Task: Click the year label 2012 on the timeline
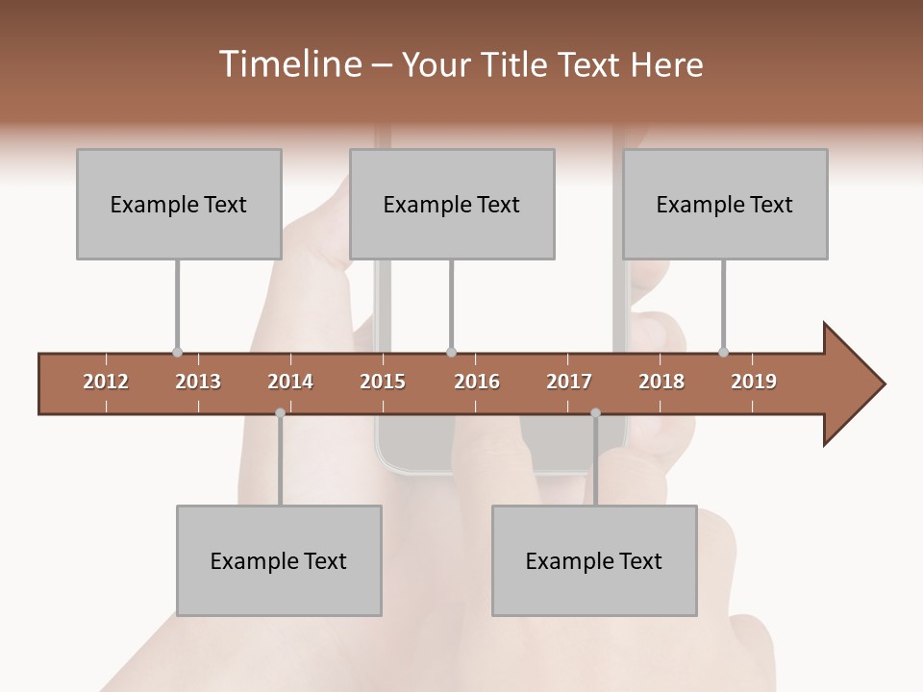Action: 106,382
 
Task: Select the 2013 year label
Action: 198,382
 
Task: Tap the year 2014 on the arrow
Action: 290,382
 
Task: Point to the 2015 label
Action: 383,382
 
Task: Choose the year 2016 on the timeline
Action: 477,382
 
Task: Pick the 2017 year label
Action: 569,382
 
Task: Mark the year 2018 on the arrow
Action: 661,382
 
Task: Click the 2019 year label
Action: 754,382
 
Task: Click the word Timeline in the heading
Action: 288,64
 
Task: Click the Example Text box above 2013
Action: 179,204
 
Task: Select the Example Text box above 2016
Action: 452,204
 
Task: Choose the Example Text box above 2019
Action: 725,204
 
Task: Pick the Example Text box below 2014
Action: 279,560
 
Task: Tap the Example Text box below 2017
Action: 594,560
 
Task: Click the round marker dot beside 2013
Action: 177,353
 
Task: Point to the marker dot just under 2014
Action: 280,412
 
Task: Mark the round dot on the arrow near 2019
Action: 723,353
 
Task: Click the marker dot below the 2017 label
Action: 595,412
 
